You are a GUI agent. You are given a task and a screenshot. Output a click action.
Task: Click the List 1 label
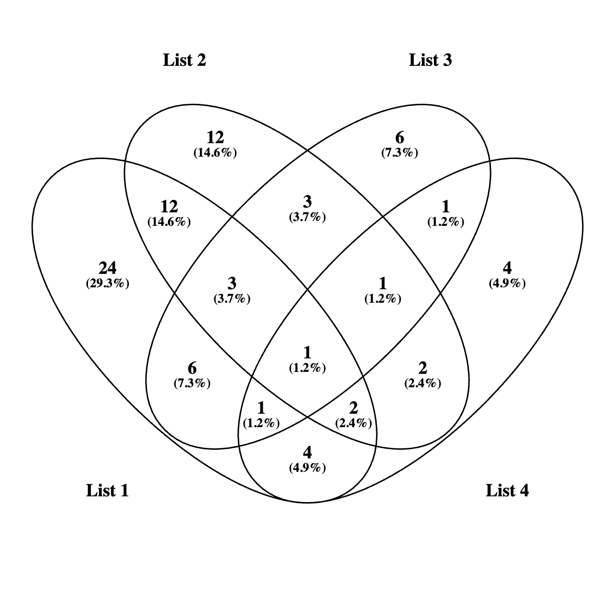107,491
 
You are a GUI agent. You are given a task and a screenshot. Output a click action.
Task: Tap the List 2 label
184,60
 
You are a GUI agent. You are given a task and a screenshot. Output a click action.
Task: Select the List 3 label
430,60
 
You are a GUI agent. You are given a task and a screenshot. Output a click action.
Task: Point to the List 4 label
507,491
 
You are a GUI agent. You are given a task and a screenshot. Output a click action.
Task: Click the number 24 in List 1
107,268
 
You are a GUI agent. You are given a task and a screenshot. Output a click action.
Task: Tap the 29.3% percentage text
107,283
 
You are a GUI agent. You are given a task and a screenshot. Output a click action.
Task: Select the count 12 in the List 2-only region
215,138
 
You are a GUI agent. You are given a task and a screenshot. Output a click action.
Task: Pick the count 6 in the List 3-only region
399,138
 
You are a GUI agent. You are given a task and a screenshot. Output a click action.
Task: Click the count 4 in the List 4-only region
507,268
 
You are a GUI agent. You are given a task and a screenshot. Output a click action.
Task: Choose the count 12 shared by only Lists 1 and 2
169,207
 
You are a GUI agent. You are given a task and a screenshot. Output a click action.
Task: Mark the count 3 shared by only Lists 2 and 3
307,202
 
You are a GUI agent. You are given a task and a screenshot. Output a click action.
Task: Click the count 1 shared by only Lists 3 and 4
445,207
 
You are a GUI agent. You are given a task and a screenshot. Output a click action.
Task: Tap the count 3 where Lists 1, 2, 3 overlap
232,283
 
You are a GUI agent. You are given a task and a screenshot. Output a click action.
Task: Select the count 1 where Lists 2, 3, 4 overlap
382,283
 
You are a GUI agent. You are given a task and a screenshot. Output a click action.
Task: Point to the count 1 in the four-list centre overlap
307,353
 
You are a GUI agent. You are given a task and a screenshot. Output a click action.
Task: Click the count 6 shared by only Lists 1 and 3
192,369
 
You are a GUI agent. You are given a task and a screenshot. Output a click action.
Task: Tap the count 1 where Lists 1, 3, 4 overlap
261,408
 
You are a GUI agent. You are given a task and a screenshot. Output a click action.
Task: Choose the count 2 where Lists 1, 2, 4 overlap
353,408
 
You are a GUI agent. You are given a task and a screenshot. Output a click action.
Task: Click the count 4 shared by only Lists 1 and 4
307,452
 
